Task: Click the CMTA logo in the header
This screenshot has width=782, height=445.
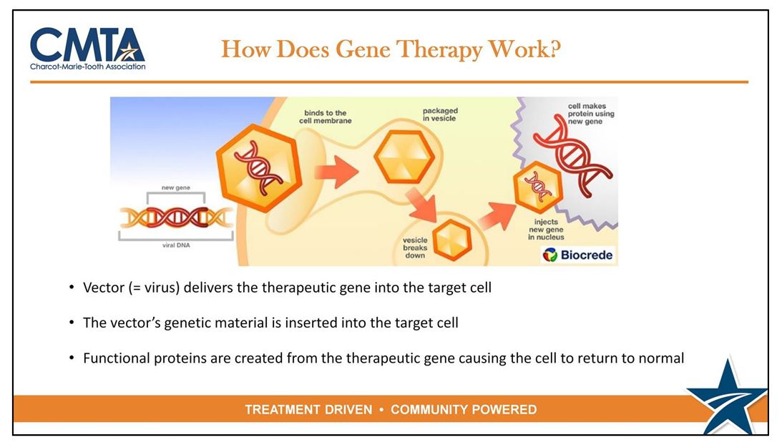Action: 88,48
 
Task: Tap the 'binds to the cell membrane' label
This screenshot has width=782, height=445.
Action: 325,117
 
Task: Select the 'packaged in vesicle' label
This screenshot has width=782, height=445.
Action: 440,114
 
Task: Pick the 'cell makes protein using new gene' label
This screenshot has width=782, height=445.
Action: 590,114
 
